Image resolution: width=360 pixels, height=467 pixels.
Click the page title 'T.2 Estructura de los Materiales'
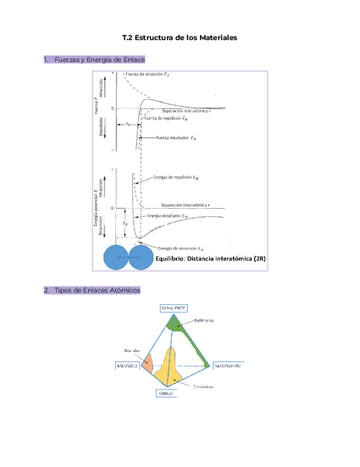point(180,39)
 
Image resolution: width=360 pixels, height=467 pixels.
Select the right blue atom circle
point(141,257)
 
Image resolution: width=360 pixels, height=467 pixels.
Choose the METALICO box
point(128,366)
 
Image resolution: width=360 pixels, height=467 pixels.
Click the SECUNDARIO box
point(228,365)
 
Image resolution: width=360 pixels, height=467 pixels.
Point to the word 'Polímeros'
point(204,320)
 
